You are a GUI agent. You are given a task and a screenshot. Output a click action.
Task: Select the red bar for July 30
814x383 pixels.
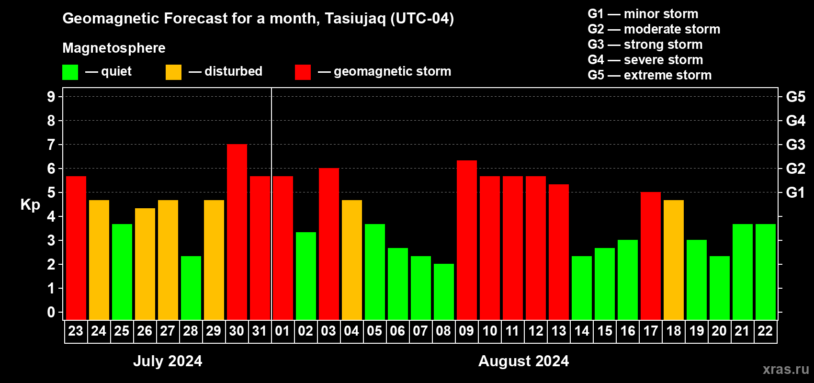pos(237,232)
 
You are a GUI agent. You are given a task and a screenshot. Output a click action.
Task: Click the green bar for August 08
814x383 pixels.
pos(444,292)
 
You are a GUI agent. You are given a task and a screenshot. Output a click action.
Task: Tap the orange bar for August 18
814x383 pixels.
pos(674,260)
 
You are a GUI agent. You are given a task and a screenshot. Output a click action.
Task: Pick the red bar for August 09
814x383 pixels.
pos(467,240)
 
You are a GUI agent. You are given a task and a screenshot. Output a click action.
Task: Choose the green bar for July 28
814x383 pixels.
pos(191,288)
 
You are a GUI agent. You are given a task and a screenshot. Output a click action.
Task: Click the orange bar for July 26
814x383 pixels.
pos(145,264)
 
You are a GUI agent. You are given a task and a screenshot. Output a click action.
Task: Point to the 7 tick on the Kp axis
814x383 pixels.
pos(51,145)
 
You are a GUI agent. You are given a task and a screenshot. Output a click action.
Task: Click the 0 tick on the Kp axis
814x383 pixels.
pos(51,312)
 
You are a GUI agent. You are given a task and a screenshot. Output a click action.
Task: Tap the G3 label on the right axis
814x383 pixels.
pos(795,145)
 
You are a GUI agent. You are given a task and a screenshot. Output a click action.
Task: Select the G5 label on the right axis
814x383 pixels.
pos(795,97)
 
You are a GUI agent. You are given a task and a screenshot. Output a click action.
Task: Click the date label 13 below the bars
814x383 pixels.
pos(559,331)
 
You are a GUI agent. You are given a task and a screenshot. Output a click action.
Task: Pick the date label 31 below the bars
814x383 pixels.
pos(260,331)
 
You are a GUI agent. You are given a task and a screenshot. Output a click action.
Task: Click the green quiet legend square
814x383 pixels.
pos(70,72)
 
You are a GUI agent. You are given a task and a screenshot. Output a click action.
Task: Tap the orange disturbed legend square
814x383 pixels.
pos(173,72)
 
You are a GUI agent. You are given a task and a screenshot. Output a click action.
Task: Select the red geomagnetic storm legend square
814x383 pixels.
pos(303,72)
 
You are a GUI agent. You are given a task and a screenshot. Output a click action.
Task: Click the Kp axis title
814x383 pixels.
pos(30,204)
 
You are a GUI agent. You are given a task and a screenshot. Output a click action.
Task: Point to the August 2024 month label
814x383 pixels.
pos(524,361)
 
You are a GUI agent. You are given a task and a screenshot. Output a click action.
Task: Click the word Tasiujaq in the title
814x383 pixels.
pos(355,19)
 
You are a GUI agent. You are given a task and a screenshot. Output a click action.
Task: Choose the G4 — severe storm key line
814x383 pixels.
pos(645,59)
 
